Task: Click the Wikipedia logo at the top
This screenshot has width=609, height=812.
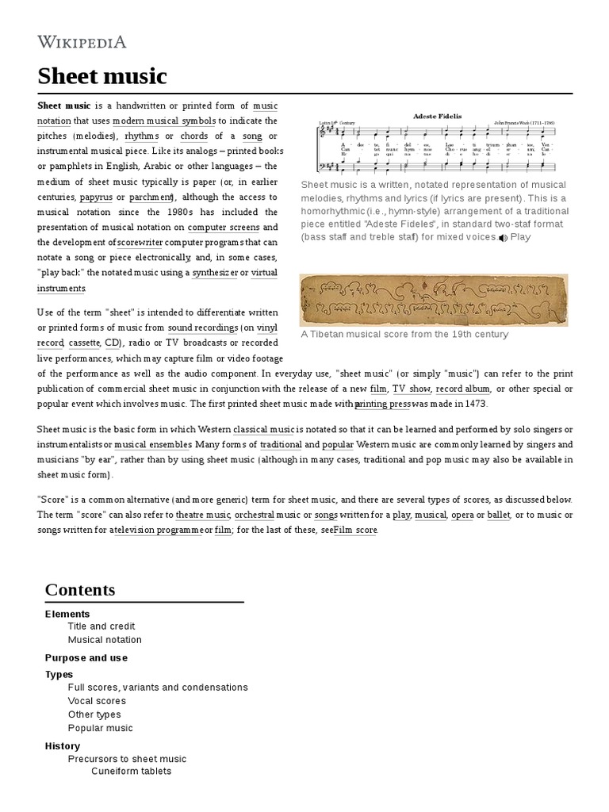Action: point(82,42)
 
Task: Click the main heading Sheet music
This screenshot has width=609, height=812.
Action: point(102,76)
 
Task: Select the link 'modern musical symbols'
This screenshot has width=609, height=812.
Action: point(163,121)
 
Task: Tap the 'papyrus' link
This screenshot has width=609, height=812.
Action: point(96,197)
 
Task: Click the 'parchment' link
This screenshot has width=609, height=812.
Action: point(151,197)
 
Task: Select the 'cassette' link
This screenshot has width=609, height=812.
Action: point(83,343)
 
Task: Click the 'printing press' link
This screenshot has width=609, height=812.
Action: point(383,404)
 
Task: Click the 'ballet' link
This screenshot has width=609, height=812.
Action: point(499,515)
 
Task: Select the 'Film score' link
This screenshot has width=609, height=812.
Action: point(355,530)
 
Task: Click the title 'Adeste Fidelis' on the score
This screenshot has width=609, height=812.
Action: point(437,117)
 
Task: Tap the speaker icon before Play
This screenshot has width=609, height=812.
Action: point(503,238)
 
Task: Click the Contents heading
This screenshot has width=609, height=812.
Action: point(80,590)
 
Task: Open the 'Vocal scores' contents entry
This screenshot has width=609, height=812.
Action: point(97,701)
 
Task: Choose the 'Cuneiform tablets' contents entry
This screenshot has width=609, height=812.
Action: point(131,771)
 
